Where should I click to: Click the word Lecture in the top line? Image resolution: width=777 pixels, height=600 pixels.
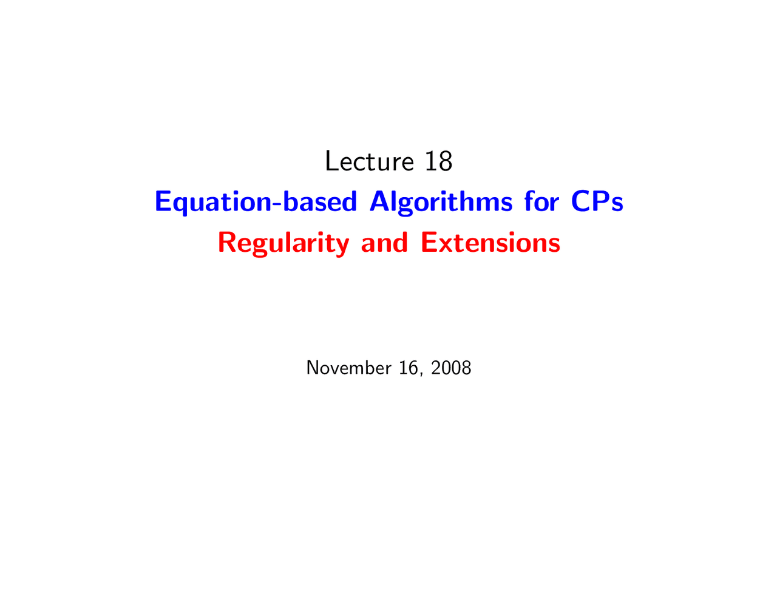click(369, 161)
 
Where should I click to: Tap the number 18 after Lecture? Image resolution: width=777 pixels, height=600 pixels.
click(439, 161)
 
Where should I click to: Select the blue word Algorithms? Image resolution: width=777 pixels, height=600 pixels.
click(441, 202)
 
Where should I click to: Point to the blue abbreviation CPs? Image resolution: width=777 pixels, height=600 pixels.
click(597, 201)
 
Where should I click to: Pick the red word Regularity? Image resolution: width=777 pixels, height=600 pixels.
click(283, 243)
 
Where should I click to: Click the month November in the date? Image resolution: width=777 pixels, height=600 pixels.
click(348, 368)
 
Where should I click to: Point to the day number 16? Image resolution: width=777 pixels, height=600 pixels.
click(408, 368)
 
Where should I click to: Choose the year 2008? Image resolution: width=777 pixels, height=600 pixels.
click(451, 368)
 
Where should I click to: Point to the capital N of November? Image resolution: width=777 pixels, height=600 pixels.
click(313, 368)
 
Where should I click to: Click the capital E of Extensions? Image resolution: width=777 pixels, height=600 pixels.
click(429, 242)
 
